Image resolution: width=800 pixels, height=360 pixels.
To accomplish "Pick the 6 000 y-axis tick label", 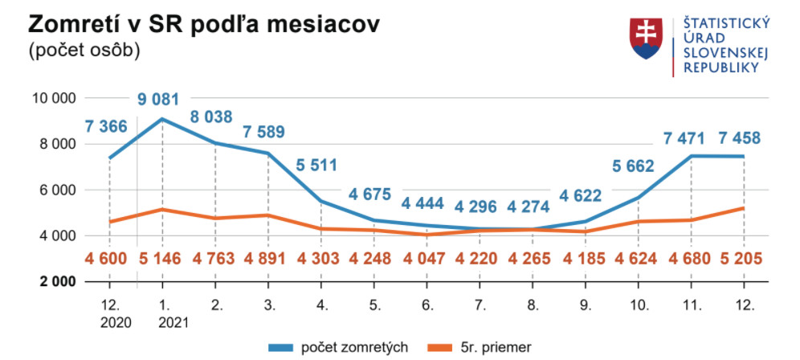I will (x=56, y=190).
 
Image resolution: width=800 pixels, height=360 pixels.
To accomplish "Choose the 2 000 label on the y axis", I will (x=56, y=282).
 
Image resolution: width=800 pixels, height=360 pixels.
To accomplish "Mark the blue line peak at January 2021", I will (x=163, y=119).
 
